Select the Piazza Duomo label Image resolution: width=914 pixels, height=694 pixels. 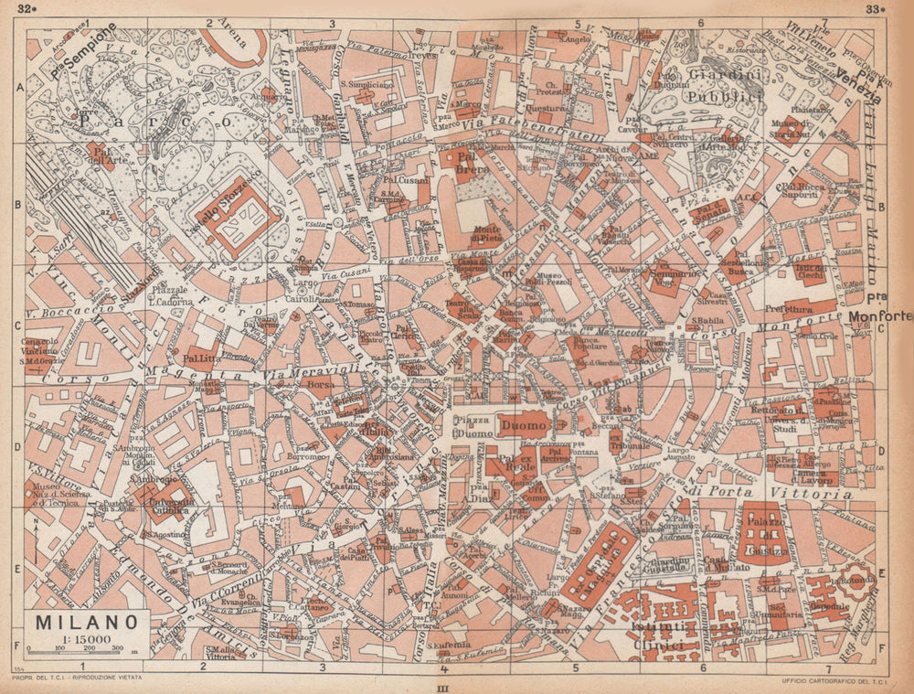click(473, 425)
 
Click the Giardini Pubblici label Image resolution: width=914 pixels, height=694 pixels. click(700, 86)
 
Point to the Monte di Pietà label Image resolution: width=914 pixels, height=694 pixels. click(486, 234)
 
